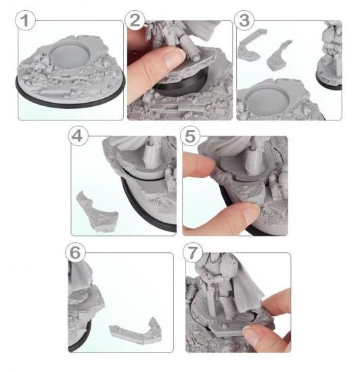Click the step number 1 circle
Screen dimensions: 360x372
pos(26,20)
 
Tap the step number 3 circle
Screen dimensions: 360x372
pos(244,20)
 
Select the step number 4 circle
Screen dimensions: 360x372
pos(78,136)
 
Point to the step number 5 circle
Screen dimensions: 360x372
pos(190,136)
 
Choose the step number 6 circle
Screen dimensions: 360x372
pos(76,252)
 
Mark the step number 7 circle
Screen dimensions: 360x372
pos(193,252)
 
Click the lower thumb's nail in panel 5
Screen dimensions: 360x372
pos(251,213)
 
